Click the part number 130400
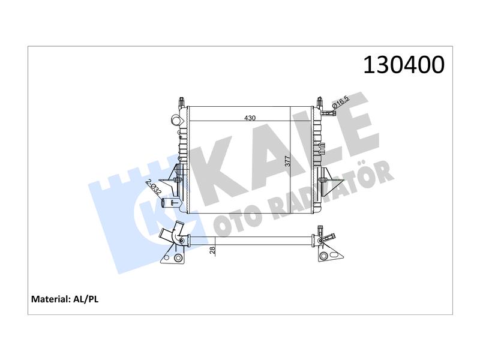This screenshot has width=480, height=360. click(x=403, y=65)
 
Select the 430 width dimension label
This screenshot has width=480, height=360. click(x=250, y=118)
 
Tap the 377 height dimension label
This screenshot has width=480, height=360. click(x=287, y=161)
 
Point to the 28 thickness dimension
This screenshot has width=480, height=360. click(x=212, y=250)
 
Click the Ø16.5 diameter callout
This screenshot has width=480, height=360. click(x=341, y=101)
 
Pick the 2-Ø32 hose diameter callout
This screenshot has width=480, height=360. click(x=154, y=187)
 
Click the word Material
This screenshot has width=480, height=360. click(x=51, y=299)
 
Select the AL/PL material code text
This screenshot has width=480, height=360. click(x=86, y=299)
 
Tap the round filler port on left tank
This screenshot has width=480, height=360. click(x=176, y=120)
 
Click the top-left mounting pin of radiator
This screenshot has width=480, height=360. click(x=181, y=101)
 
